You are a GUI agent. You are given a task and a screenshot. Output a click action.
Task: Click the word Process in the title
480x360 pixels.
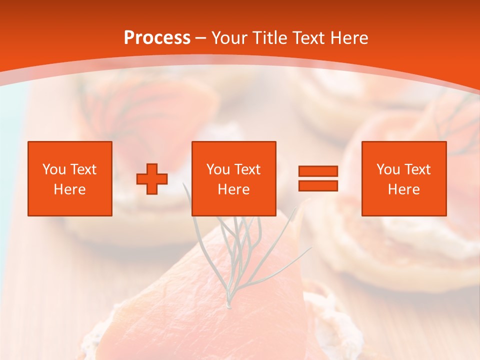click(x=157, y=38)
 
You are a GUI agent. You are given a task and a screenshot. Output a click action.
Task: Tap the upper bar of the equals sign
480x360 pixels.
click(x=318, y=171)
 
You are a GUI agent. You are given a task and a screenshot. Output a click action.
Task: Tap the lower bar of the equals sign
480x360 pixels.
click(x=318, y=185)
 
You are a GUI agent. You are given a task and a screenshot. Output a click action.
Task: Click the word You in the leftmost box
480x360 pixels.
click(x=53, y=169)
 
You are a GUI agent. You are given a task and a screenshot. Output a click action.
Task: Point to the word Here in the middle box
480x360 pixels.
click(x=234, y=189)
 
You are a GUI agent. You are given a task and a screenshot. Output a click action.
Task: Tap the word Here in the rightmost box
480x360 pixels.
click(x=404, y=189)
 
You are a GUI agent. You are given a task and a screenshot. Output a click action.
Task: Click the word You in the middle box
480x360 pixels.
click(x=217, y=169)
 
